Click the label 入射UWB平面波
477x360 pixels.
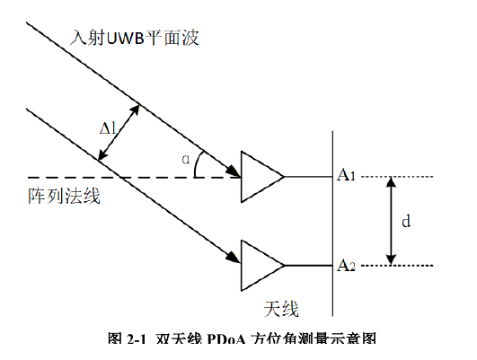click(135, 38)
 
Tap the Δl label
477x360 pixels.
click(108, 127)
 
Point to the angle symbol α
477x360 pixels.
click(186, 159)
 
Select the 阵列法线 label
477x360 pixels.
click(64, 196)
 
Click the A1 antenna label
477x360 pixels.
click(346, 175)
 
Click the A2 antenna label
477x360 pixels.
click(346, 265)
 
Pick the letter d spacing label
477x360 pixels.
click(406, 221)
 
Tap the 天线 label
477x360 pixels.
click(281, 309)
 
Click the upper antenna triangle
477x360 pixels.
click(262, 176)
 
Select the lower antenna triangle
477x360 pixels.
click(262, 266)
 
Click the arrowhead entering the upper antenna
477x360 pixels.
click(234, 171)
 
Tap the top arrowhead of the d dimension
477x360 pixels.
click(392, 182)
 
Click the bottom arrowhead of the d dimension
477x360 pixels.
click(392, 260)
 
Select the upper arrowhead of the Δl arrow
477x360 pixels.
click(135, 110)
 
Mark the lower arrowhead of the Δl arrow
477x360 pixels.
click(102, 154)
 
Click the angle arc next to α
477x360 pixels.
click(197, 163)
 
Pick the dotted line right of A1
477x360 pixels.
click(397, 176)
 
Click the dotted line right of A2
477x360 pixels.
click(397, 266)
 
